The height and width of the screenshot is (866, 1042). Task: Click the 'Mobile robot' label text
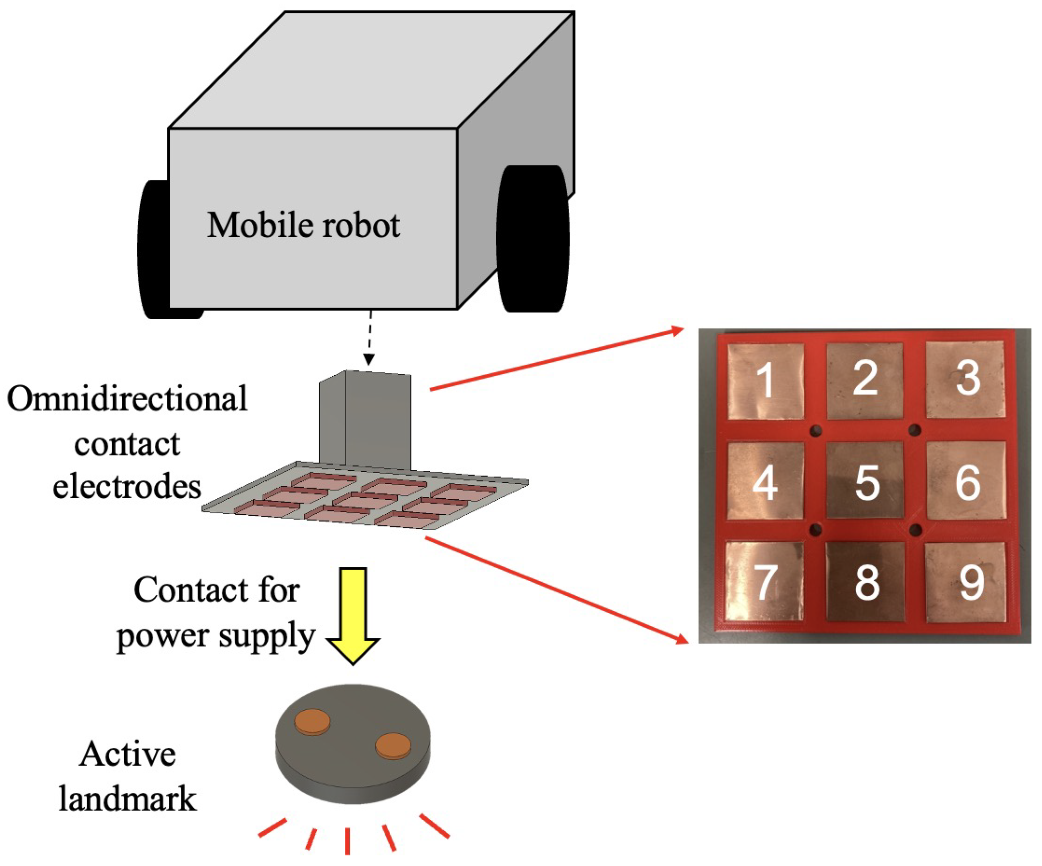pos(303,226)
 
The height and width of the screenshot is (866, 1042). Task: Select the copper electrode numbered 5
pos(865,481)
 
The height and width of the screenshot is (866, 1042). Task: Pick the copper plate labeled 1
pos(765,381)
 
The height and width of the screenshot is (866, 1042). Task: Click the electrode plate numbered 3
pos(965,380)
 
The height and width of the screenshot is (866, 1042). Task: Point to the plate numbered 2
pos(865,380)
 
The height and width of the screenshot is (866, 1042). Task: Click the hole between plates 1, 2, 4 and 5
pos(815,430)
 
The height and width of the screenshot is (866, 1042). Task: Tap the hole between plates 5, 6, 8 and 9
pos(916,530)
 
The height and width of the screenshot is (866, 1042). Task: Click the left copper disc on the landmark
pos(312,721)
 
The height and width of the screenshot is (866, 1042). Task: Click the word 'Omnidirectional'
pos(127,399)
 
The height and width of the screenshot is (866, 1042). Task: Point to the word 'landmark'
pos(128,799)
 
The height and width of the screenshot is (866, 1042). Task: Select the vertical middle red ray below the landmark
pos(347,841)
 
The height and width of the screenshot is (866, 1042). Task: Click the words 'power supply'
pos(216,636)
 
